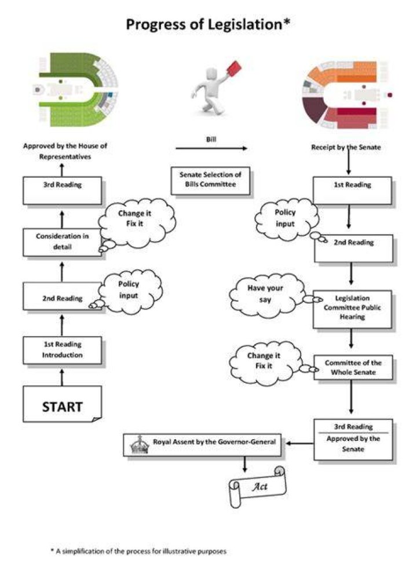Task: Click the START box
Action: pyautogui.click(x=62, y=404)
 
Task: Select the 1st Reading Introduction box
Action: pyautogui.click(x=62, y=350)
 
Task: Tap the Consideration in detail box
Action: pyautogui.click(x=62, y=242)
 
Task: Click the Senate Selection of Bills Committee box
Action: pyautogui.click(x=210, y=181)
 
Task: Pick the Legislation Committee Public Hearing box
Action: pyautogui.click(x=352, y=309)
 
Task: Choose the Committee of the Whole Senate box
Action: pyautogui.click(x=353, y=368)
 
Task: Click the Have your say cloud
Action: pyautogui.click(x=267, y=297)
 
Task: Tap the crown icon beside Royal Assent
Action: pyautogui.click(x=140, y=444)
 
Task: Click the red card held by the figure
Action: pyautogui.click(x=233, y=69)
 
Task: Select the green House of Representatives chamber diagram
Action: pyautogui.click(x=75, y=89)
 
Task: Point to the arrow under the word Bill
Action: pyautogui.click(x=211, y=148)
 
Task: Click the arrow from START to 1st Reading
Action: pyautogui.click(x=62, y=377)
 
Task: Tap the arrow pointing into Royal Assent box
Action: pyautogui.click(x=300, y=443)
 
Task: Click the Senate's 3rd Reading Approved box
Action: pyautogui.click(x=353, y=439)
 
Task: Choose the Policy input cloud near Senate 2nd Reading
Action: pyautogui.click(x=287, y=219)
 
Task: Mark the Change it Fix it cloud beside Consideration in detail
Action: pyautogui.click(x=137, y=224)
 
